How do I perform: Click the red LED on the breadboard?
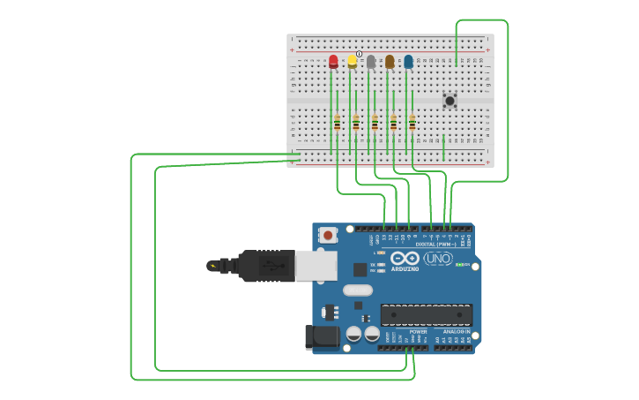tap(333, 62)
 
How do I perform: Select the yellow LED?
tap(353, 61)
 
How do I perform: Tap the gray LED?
tap(371, 61)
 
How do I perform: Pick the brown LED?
tap(390, 61)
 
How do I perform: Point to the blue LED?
tap(408, 61)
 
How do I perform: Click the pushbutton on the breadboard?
tap(450, 101)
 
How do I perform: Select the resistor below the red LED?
tap(337, 123)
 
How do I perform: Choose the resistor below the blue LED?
tap(412, 123)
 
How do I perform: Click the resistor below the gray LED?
tap(375, 123)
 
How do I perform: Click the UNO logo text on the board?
tap(438, 258)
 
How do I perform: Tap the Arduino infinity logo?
tap(405, 259)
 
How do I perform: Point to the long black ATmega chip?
tap(426, 314)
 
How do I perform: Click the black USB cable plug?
tap(264, 265)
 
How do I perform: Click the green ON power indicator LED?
tap(459, 264)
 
